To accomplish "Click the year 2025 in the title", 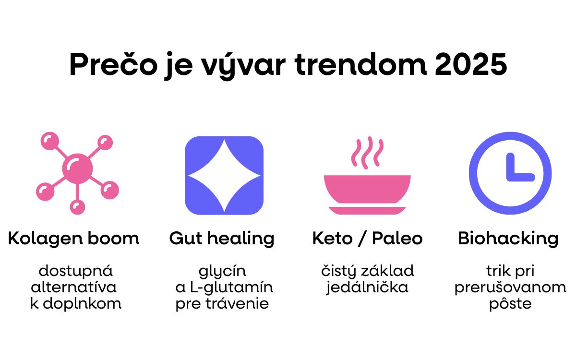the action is [x=471, y=64].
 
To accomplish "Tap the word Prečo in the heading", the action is [x=113, y=64].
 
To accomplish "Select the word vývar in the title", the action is [x=243, y=66].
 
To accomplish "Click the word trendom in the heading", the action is [x=360, y=64].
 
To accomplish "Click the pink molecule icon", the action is [x=77, y=173].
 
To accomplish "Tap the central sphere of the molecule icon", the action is [x=77, y=168].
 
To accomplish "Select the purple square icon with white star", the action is [x=224, y=175].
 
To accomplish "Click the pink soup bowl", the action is [x=367, y=189].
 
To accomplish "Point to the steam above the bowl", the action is [x=367, y=153].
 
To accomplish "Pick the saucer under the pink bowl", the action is [x=367, y=210].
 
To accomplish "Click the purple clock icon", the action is [x=510, y=173].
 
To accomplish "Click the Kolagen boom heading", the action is [x=74, y=239].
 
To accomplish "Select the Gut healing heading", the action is [x=222, y=239].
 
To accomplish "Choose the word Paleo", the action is [x=397, y=238].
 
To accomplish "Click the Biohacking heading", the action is [x=508, y=239].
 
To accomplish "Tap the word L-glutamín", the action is [x=231, y=288].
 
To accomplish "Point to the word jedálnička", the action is [x=367, y=288].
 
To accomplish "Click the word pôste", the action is [x=510, y=303].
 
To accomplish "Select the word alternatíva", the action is [x=74, y=287].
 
